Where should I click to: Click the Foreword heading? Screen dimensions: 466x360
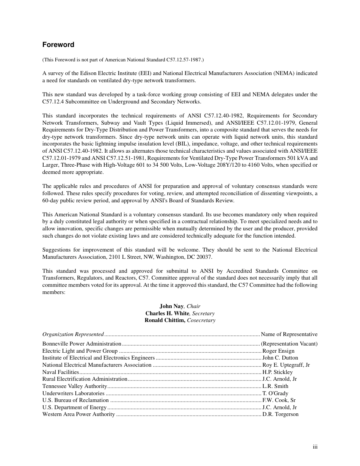click(x=58, y=45)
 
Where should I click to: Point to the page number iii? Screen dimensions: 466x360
click(x=315, y=447)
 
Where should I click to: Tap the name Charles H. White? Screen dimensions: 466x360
click(x=167, y=313)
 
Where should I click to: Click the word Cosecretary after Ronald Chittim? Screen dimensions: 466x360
click(x=201, y=320)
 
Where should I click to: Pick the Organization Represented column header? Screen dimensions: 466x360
click(x=73, y=334)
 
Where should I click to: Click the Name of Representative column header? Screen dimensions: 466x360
click(x=289, y=334)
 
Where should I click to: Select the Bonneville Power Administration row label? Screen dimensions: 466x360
click(x=82, y=344)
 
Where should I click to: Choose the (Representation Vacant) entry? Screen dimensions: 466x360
click(x=289, y=344)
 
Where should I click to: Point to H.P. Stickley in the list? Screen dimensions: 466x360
click(x=277, y=372)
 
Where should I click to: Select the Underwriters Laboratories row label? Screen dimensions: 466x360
click(x=73, y=393)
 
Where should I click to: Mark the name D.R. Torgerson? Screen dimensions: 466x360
click(x=280, y=414)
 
